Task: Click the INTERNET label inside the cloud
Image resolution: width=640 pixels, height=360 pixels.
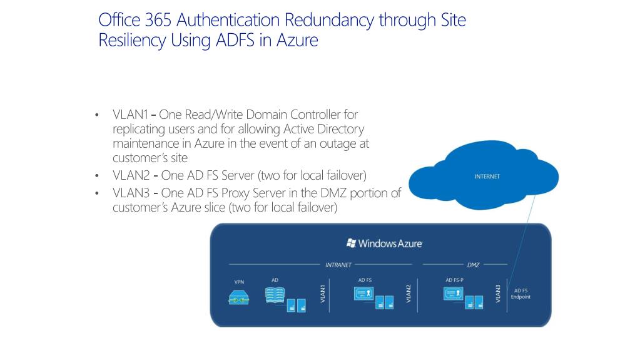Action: tap(487, 177)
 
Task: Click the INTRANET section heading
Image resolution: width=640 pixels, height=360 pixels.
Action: tap(338, 265)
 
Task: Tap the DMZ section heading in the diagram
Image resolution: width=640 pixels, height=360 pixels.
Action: tap(473, 265)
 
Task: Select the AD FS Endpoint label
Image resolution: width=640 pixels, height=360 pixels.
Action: tap(522, 294)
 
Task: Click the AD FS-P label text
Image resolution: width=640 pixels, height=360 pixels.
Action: tap(454, 280)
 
